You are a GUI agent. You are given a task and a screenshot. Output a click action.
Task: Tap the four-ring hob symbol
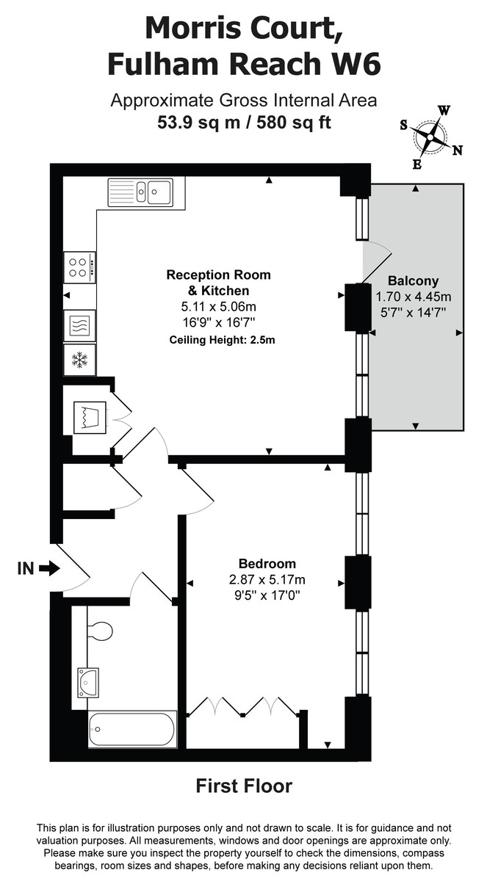coord(79,267)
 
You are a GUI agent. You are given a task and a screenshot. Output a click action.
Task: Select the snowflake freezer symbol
coord(79,360)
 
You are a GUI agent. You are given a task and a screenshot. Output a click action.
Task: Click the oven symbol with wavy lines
coord(79,323)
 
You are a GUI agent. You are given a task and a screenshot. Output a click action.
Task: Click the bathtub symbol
coord(132,729)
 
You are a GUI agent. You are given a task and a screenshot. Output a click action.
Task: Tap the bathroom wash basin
coord(87,682)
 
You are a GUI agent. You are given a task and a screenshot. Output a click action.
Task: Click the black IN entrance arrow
coord(50,568)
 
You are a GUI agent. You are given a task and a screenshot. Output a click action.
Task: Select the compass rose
coord(430,137)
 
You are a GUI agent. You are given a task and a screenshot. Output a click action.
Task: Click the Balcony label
coord(413,280)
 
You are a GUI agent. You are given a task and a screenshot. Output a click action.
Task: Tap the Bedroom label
coord(267,564)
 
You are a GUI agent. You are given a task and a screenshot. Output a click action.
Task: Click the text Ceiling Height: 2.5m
coord(222,339)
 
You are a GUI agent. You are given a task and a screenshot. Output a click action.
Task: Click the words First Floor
coord(243,786)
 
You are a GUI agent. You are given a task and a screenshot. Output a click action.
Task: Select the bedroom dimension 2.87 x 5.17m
coord(267,579)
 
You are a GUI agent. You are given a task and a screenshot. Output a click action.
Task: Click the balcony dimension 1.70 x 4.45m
coord(413,297)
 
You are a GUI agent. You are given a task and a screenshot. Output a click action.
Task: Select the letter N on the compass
coord(458,151)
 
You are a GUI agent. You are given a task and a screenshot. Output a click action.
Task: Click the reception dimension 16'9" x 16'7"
coord(219,322)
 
